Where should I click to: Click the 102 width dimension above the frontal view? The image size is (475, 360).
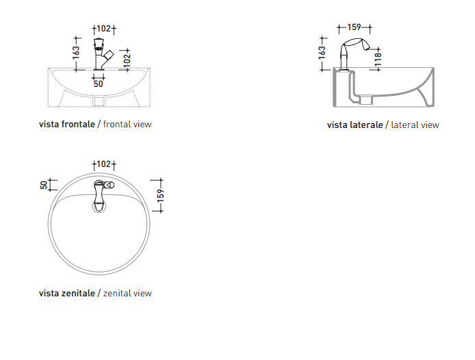tap(104, 29)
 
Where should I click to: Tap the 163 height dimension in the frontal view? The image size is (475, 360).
tap(76, 53)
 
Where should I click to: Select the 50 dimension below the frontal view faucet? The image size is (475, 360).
tap(98, 83)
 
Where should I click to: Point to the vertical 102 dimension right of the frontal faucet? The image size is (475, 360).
tap(127, 59)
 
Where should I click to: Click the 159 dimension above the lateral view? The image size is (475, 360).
tap(354, 27)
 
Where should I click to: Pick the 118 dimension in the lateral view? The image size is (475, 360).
tap(378, 60)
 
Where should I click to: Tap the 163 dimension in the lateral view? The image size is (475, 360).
tap(322, 53)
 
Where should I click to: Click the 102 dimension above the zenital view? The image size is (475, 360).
tap(104, 164)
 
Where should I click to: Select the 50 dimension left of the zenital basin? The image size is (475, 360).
tap(44, 185)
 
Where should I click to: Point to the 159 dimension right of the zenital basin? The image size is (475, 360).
tap(161, 196)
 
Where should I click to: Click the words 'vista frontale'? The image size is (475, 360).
tap(67, 125)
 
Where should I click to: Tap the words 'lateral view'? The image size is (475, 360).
tap(415, 125)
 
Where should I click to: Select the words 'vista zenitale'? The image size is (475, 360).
tap(67, 294)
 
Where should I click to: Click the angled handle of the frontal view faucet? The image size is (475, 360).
tap(108, 56)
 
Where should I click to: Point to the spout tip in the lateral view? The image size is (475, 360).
tap(367, 47)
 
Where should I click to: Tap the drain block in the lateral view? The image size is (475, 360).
tap(366, 100)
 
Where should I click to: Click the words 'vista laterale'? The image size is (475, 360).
tap(355, 125)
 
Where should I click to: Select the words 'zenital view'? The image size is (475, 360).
tap(127, 294)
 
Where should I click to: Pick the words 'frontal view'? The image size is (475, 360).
tap(127, 125)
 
